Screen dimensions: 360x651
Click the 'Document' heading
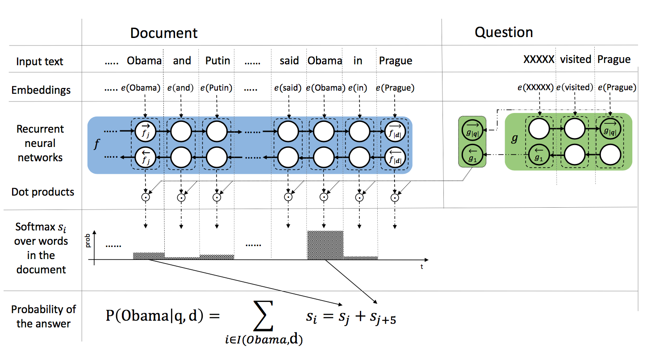[x=163, y=33]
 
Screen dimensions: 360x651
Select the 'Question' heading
[x=504, y=32]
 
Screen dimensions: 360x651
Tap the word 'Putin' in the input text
[x=217, y=61]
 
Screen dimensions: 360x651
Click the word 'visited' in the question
[x=576, y=59]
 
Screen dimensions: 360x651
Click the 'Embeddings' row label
[x=41, y=90]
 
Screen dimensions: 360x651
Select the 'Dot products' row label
[x=42, y=192]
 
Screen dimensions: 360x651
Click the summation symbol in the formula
[x=263, y=317]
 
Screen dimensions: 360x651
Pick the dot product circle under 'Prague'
[x=395, y=197]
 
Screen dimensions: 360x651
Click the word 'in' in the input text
[x=358, y=61]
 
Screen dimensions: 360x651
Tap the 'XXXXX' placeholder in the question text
[x=538, y=59]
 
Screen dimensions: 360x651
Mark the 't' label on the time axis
[x=421, y=267]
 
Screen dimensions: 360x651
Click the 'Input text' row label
[x=40, y=62]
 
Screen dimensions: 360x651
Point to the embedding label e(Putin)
[x=217, y=88]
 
